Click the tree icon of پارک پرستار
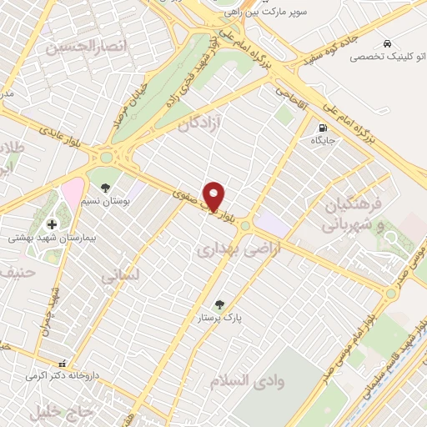point(219,304)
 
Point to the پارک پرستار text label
point(219,319)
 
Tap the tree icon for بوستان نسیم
point(105,188)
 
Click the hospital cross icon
point(53,224)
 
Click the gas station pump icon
point(322,128)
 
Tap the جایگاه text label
point(323,141)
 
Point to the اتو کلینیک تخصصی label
point(378,57)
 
